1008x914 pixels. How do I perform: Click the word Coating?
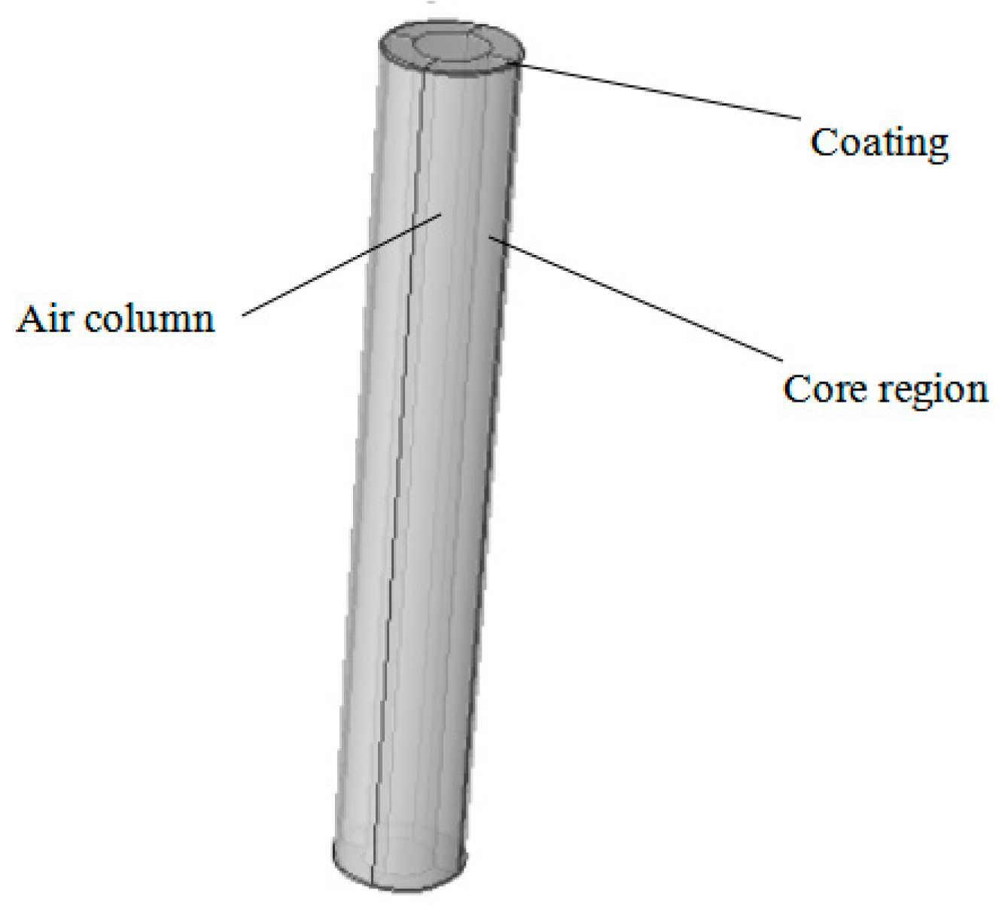pyautogui.click(x=879, y=142)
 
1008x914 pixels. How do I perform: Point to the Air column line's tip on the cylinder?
pyautogui.click(x=441, y=214)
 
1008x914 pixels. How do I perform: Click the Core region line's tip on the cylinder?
pyautogui.click(x=490, y=238)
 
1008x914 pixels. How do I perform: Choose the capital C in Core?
pyautogui.click(x=796, y=389)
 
